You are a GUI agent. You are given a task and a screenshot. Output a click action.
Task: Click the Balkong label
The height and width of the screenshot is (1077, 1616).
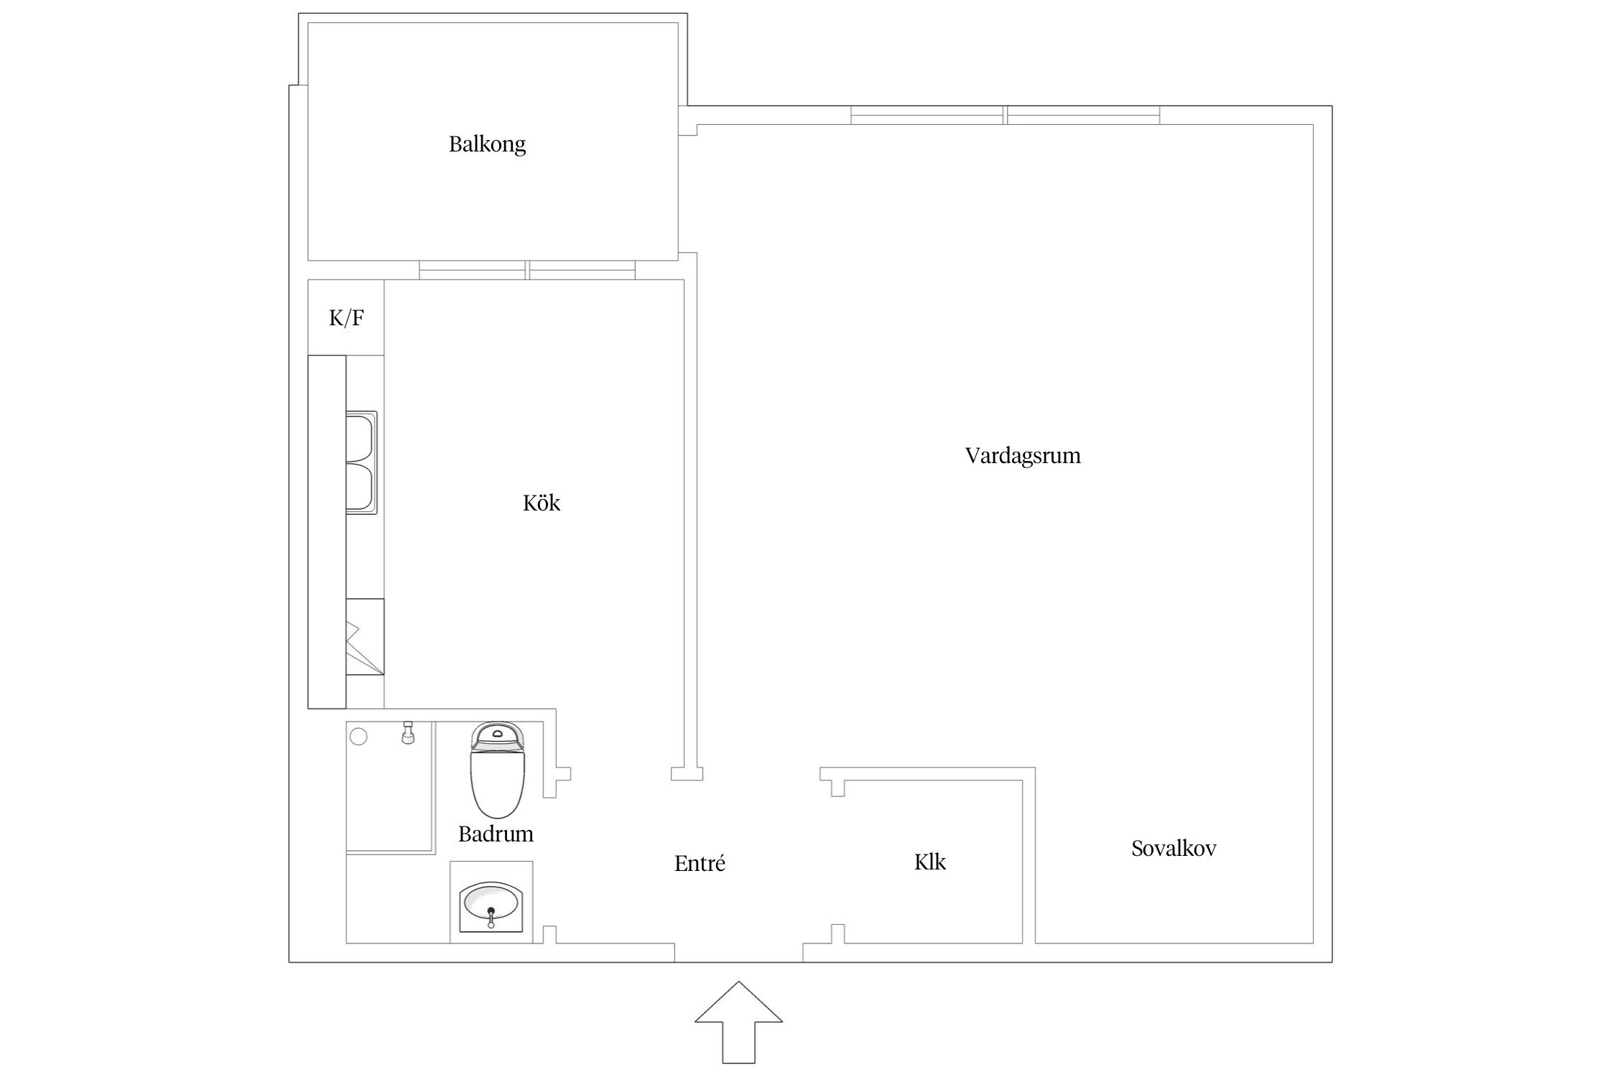tap(487, 145)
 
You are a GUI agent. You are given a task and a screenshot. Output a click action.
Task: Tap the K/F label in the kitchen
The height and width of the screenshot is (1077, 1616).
tap(346, 318)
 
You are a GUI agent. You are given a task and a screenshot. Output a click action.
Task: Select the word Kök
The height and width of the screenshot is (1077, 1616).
tap(542, 503)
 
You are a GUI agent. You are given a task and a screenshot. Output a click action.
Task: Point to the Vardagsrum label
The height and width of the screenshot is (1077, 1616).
tap(1023, 456)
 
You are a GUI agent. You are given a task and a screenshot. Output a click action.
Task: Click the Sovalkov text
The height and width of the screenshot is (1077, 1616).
tap(1174, 849)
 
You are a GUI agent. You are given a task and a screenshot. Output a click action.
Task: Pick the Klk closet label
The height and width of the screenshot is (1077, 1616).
tap(930, 862)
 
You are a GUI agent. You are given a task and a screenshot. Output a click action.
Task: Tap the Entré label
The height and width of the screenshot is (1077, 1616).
tap(700, 863)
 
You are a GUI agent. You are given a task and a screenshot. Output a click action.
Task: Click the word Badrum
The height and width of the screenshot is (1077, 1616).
tap(496, 834)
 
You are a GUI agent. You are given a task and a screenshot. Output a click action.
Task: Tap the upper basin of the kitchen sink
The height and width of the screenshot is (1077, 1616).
tap(361, 437)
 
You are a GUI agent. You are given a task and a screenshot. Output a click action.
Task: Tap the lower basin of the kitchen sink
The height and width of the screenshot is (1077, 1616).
tap(361, 488)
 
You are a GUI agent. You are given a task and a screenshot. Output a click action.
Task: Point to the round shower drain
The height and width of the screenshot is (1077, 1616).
tap(358, 736)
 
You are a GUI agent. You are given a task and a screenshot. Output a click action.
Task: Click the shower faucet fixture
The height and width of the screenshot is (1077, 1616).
tap(408, 733)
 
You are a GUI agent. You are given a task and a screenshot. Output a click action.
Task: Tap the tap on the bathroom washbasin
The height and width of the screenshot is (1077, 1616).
tap(491, 918)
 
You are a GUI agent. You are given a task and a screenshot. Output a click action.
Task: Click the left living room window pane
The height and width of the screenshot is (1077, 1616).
tap(928, 115)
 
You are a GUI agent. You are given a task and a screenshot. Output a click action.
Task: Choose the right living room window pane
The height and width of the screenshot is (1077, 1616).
tap(1083, 115)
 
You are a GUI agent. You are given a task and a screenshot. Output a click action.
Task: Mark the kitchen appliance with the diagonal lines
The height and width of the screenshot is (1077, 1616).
tap(364, 636)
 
